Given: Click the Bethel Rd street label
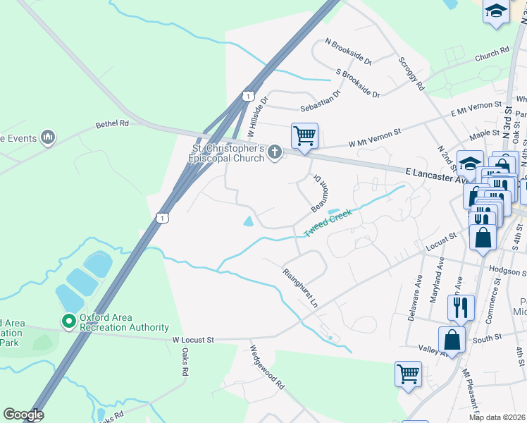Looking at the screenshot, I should [113, 123].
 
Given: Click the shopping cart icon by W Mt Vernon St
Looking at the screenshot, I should [304, 135].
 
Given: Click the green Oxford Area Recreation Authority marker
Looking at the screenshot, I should [68, 322].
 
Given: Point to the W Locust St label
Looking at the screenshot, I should [193, 340].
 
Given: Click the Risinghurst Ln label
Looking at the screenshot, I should [300, 288].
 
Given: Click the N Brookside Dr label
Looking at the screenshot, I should [348, 52].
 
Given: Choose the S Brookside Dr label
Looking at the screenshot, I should [358, 82].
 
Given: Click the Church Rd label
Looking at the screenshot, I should [492, 54].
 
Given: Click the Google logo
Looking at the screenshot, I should [23, 415].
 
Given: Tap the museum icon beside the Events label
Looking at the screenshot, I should [48, 136].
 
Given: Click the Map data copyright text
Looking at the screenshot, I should [497, 417].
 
